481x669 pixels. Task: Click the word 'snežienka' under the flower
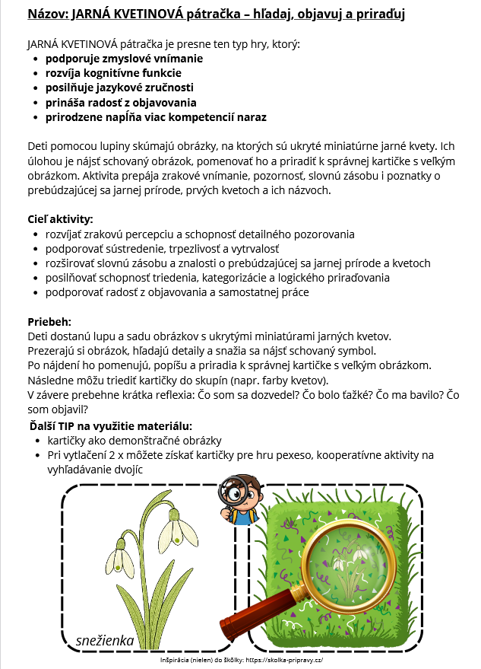pyautogui.click(x=105, y=641)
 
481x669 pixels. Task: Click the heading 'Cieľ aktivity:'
pyautogui.click(x=60, y=219)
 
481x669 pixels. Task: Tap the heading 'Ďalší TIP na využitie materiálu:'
pyautogui.click(x=111, y=425)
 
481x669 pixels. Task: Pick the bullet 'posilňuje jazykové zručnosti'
pyautogui.click(x=120, y=88)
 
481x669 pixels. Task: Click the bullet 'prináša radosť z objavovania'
pyautogui.click(x=121, y=102)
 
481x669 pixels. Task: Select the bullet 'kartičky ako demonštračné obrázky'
pyautogui.click(x=134, y=441)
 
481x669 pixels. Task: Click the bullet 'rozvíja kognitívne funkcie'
pyautogui.click(x=113, y=73)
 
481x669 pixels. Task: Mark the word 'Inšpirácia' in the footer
pyautogui.click(x=176, y=659)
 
